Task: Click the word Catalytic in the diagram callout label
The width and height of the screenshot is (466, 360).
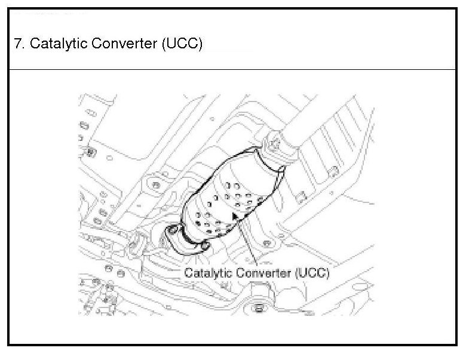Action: (206, 273)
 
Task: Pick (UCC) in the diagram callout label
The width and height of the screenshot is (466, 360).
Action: (312, 273)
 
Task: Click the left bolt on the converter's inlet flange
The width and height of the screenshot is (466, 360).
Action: (174, 231)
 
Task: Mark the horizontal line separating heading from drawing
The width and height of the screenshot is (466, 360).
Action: (233, 70)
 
